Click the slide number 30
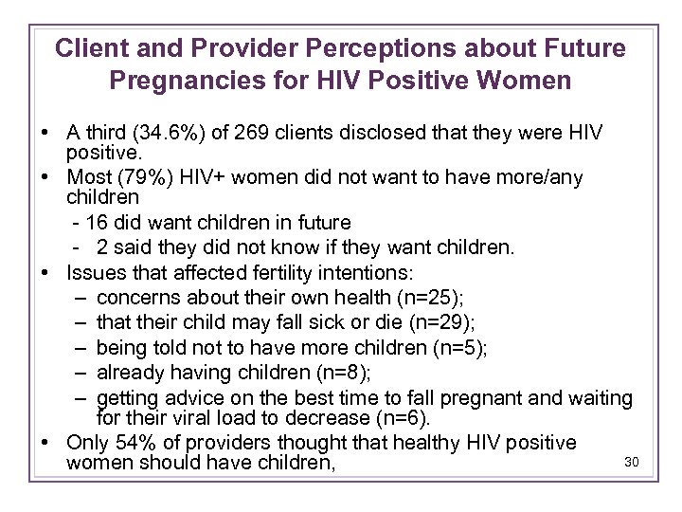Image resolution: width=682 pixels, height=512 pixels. pyautogui.click(x=634, y=462)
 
